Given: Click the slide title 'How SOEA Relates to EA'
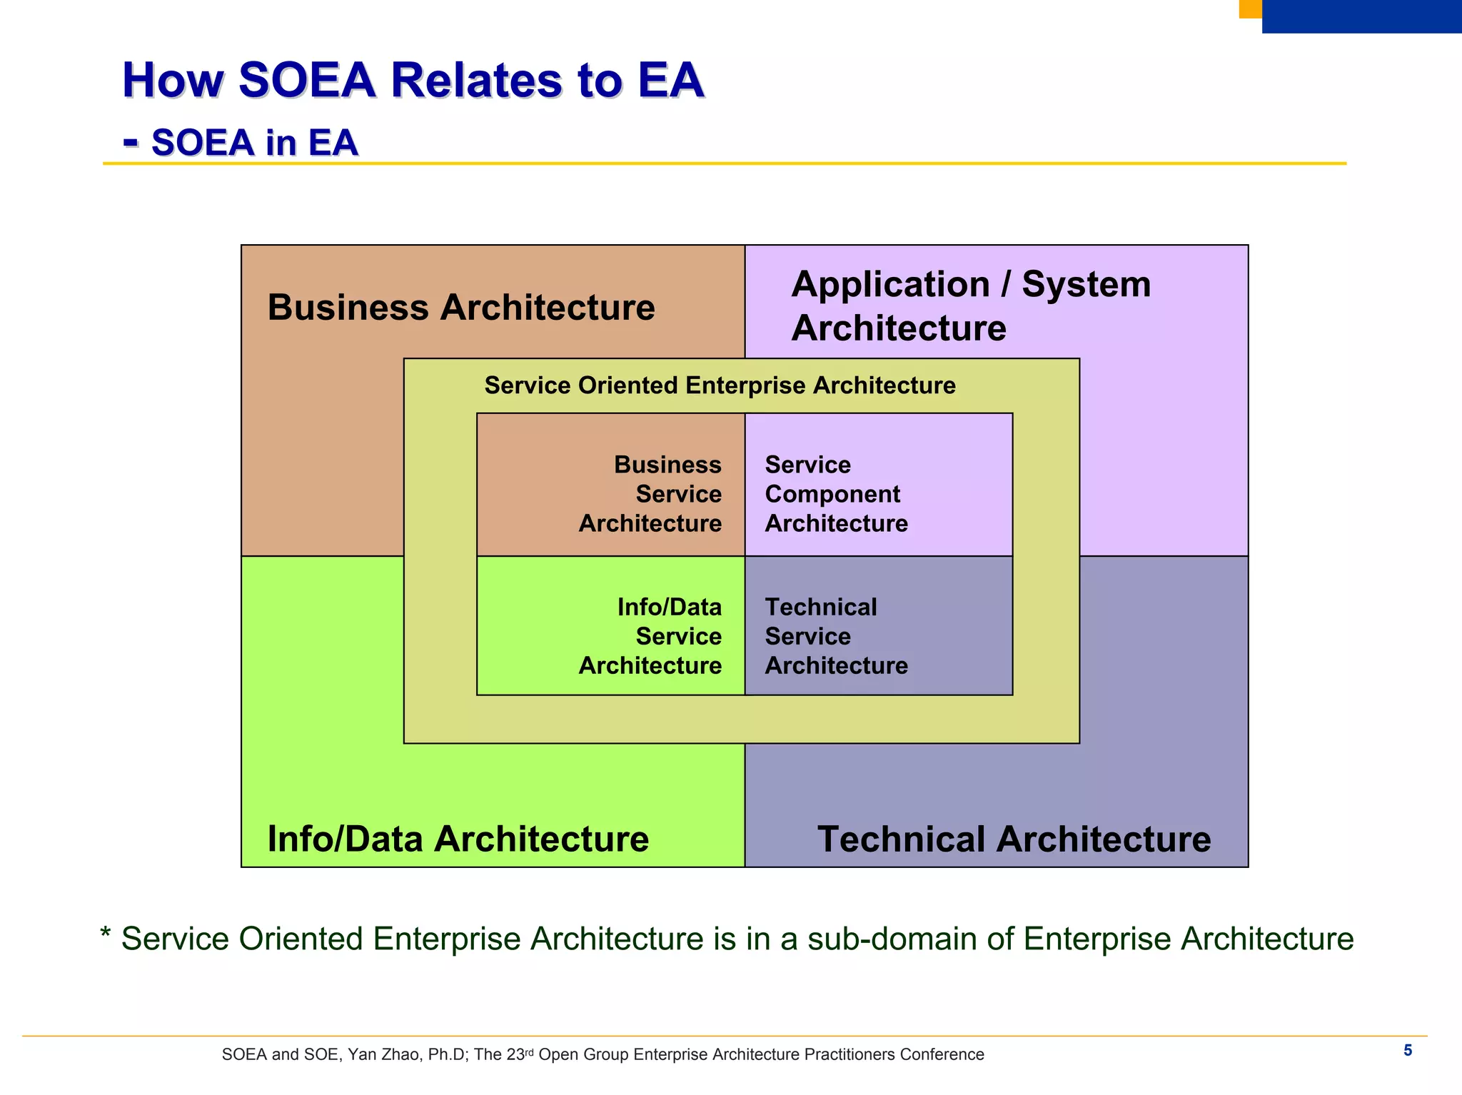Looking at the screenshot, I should coord(413,80).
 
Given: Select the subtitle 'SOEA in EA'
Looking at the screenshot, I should coord(254,142).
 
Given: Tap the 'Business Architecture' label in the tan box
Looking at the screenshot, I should coord(460,308).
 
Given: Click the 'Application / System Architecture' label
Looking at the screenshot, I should coord(970,306).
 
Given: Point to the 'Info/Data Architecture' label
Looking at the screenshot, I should coord(458,839).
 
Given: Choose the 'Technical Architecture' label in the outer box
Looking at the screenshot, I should coord(1014,839).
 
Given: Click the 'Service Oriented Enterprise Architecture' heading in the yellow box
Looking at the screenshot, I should coord(720,385).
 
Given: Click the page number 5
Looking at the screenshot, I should coord(1408,1050).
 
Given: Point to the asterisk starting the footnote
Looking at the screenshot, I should coord(106,934).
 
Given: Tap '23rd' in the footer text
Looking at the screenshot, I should coord(520,1054).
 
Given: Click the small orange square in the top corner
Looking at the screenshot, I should coord(1250,9).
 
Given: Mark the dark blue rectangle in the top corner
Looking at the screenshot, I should coord(1361,16).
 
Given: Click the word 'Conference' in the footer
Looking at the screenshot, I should coord(942,1055).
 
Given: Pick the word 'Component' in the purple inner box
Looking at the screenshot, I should coord(832,494).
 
